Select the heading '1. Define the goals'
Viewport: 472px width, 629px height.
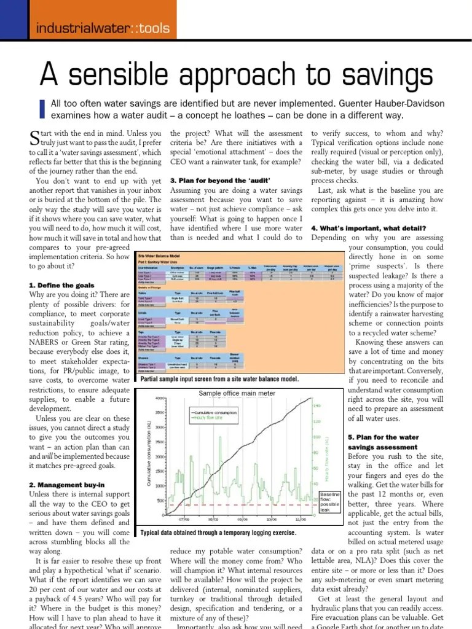(x=61, y=286)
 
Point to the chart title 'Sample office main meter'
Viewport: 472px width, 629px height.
(x=237, y=393)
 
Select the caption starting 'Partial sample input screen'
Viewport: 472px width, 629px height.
(x=219, y=379)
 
